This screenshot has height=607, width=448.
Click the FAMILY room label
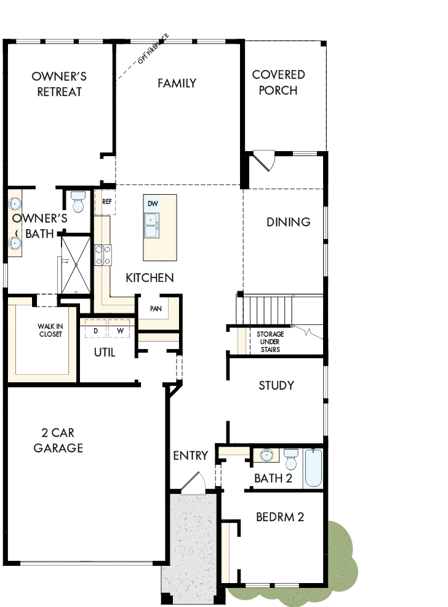coord(177,83)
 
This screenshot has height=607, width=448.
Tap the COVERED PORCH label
coord(278,82)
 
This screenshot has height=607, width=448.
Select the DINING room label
coord(288,222)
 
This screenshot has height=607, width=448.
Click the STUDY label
coord(276,386)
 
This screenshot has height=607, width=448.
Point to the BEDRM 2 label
coord(280,517)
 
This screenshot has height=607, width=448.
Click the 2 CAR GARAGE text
coord(58,441)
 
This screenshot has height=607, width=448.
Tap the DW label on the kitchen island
coord(153,203)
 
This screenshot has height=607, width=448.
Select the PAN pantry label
coord(156,308)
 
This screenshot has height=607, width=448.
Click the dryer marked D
coord(95,331)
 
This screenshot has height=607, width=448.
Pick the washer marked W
coord(120,331)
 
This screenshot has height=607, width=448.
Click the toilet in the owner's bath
coord(78,201)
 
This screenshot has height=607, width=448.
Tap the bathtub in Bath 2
coord(313,468)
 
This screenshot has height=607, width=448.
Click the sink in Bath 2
coord(266,456)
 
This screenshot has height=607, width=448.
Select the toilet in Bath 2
coord(291,458)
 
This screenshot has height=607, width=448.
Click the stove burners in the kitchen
coord(102,255)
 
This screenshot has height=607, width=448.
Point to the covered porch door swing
coord(265,161)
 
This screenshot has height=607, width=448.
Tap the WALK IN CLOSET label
coord(50,331)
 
